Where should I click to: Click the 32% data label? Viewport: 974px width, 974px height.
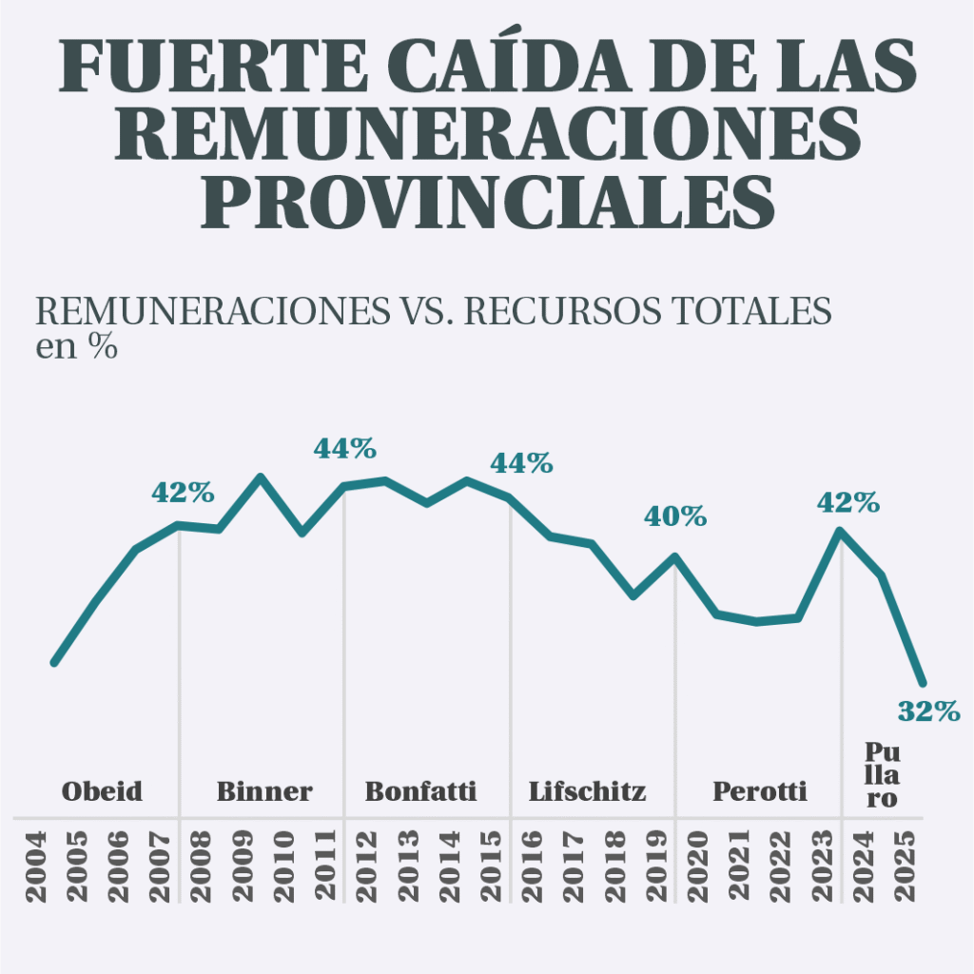point(928,711)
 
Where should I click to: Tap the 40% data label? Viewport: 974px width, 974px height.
point(675,516)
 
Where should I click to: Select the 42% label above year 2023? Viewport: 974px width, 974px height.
point(848,502)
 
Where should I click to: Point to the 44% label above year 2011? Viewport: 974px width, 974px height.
point(345,448)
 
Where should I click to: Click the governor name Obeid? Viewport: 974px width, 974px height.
point(102,790)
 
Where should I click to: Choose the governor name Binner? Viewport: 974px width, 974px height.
point(264,790)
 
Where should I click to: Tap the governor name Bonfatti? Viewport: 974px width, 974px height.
point(421,790)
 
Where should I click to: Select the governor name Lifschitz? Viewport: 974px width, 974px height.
point(588,790)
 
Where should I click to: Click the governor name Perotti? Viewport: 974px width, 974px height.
point(760,790)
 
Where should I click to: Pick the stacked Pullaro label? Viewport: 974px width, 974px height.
point(882,773)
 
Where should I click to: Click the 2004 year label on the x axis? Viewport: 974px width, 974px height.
point(35,867)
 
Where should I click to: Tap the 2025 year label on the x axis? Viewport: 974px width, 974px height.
point(906,867)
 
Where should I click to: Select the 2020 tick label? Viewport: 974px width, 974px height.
point(698,867)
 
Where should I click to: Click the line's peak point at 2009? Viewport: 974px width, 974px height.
point(261,477)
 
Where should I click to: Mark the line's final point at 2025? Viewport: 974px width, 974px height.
point(922,683)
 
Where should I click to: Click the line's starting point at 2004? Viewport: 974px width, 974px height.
point(54,662)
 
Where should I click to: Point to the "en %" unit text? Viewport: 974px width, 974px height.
point(76,347)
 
